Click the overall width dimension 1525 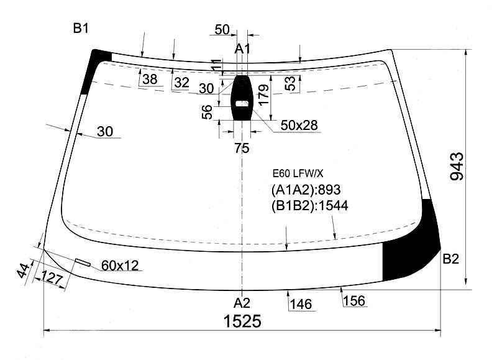click(242, 321)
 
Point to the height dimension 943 click(457, 167)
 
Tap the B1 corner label click(81, 29)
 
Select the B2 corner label click(450, 259)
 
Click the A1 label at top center click(242, 49)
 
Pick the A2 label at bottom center click(242, 303)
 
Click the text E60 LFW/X click(298, 173)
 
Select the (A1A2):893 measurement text click(306, 190)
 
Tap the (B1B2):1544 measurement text click(309, 206)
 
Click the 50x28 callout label click(299, 126)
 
